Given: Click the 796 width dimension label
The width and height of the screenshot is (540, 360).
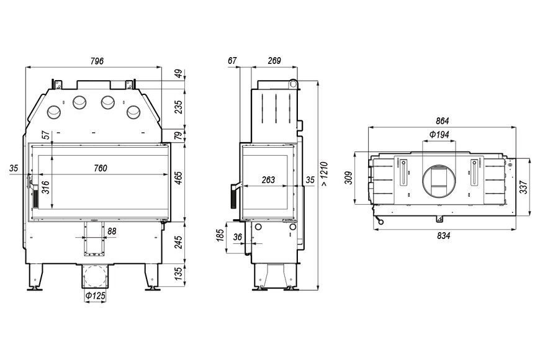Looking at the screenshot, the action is point(97,61).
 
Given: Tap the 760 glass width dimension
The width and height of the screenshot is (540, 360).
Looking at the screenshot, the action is point(100,168).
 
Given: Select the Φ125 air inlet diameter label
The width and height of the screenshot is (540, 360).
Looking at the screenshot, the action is point(96,295).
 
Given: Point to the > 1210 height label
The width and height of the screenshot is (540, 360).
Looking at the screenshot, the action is point(325,174).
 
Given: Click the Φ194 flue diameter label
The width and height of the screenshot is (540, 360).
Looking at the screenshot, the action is point(439,134).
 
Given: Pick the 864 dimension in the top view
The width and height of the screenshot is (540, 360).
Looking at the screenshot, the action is point(442,121).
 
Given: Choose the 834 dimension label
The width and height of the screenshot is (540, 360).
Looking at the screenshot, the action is point(444,236).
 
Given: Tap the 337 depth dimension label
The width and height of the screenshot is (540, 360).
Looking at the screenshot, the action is point(523,187).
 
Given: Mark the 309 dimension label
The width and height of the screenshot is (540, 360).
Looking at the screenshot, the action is point(349,178).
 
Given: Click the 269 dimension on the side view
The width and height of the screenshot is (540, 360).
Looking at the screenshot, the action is point(274,61).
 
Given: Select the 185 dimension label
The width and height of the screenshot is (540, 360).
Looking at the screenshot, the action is point(220,235).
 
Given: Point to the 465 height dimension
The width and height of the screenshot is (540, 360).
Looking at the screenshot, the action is point(178,178).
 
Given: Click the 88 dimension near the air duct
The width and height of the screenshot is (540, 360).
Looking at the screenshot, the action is point(112,231).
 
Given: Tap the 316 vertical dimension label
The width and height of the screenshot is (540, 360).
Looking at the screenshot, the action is point(45,187).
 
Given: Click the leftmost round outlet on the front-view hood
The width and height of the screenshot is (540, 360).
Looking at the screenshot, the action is point(54,112).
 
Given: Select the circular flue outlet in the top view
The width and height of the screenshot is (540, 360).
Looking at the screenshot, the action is point(440,180).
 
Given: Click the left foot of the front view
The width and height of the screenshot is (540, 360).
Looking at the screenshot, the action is point(35,277).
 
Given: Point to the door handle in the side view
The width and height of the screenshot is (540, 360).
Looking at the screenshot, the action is point(235,196).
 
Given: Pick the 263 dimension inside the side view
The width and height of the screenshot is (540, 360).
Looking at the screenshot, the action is point(268,179).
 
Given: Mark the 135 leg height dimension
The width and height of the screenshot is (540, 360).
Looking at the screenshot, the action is point(178,274).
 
